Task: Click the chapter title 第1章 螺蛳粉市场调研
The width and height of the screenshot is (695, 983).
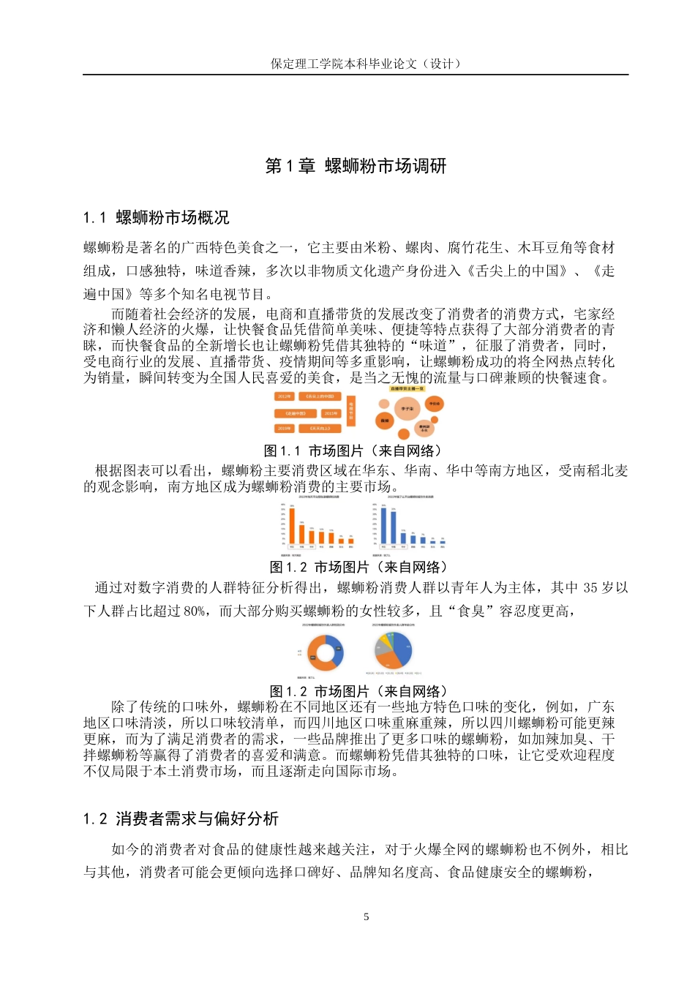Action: (356, 166)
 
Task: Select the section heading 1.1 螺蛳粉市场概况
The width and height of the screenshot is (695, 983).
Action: (156, 217)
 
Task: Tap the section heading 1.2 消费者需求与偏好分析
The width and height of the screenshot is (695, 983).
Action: (181, 818)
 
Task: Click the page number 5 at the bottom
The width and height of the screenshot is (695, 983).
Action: (366, 916)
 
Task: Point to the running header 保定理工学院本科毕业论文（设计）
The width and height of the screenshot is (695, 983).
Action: (366, 64)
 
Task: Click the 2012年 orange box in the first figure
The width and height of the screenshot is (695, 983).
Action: (285, 396)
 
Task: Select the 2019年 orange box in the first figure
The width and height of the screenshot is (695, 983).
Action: (285, 429)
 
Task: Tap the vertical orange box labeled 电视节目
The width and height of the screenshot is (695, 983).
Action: (351, 412)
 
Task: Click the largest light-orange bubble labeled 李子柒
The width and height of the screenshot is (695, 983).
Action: (407, 409)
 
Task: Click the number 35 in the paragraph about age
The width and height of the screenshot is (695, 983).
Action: (590, 588)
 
